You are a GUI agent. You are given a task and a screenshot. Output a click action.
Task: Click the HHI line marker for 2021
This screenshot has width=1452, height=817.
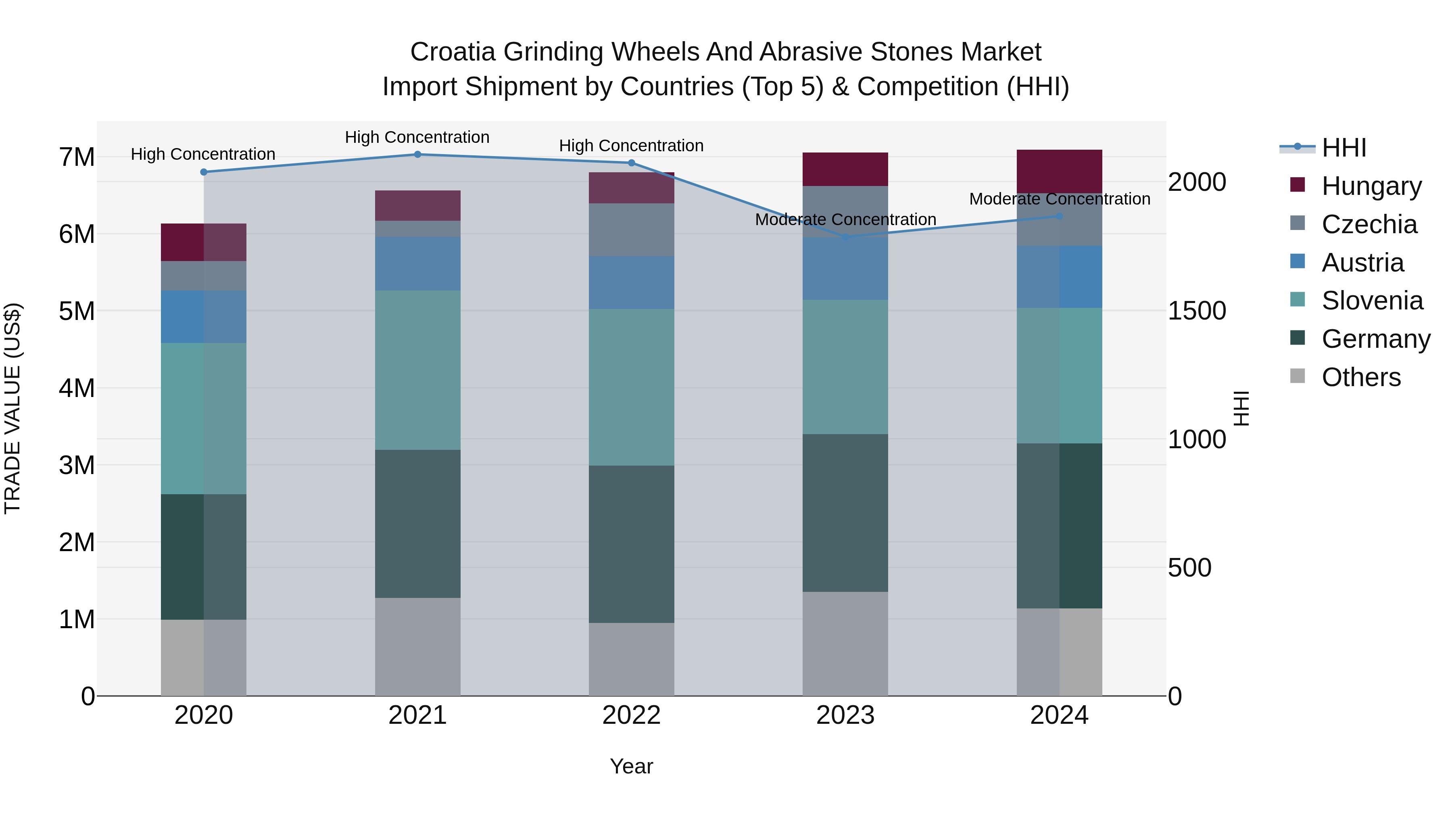coord(418,155)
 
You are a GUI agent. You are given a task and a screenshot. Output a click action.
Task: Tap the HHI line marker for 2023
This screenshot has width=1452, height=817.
coord(845,237)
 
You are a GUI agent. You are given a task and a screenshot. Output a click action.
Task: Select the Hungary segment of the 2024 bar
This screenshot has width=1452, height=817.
coord(1059,171)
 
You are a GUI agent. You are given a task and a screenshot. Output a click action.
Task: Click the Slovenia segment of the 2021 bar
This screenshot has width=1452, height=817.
coord(418,370)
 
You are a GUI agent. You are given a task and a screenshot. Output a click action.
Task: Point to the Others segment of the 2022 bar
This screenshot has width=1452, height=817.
coord(631,659)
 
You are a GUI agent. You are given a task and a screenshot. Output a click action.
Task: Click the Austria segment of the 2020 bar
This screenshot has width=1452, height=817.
coord(204,316)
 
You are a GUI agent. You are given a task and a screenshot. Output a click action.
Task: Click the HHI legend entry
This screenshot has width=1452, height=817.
coord(1344,148)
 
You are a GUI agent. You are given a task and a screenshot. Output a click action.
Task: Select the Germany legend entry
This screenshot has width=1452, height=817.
coord(1375,339)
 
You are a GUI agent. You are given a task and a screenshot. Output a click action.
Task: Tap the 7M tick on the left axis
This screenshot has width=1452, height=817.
coord(77,157)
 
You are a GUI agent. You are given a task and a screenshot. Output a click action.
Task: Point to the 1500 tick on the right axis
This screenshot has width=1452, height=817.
coord(1197,311)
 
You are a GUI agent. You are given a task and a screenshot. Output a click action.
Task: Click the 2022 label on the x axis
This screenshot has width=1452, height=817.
coord(631,715)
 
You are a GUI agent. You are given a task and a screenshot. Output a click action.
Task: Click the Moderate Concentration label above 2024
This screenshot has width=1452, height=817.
coord(1060,199)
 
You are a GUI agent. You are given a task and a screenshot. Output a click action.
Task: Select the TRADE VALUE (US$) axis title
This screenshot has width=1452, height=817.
coord(13,408)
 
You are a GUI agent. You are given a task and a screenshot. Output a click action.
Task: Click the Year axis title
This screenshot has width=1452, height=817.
coord(631,766)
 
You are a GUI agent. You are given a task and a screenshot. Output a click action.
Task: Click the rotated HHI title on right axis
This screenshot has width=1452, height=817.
coord(1241,408)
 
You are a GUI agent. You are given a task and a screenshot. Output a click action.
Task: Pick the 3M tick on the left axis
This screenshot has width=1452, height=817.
coord(77,465)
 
